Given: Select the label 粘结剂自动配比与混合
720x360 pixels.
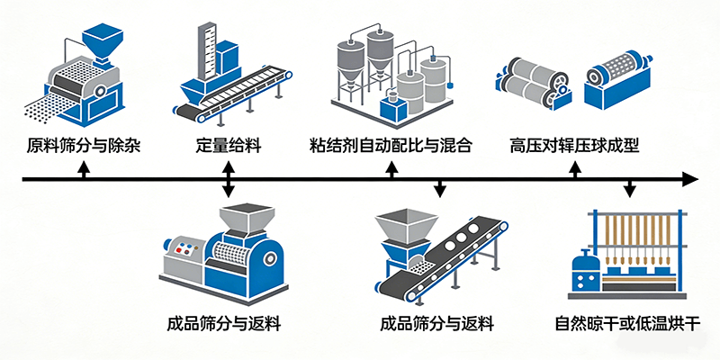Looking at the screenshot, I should [x=391, y=145].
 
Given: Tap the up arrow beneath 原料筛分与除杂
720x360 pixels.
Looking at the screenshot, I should [x=84, y=169].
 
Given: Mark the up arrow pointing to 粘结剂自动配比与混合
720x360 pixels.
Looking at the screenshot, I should [x=391, y=169].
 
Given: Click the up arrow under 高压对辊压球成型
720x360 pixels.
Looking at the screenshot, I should [x=576, y=169].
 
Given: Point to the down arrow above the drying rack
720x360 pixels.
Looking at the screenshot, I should [x=630, y=190].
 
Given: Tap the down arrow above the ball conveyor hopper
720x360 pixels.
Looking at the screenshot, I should [x=439, y=190].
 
